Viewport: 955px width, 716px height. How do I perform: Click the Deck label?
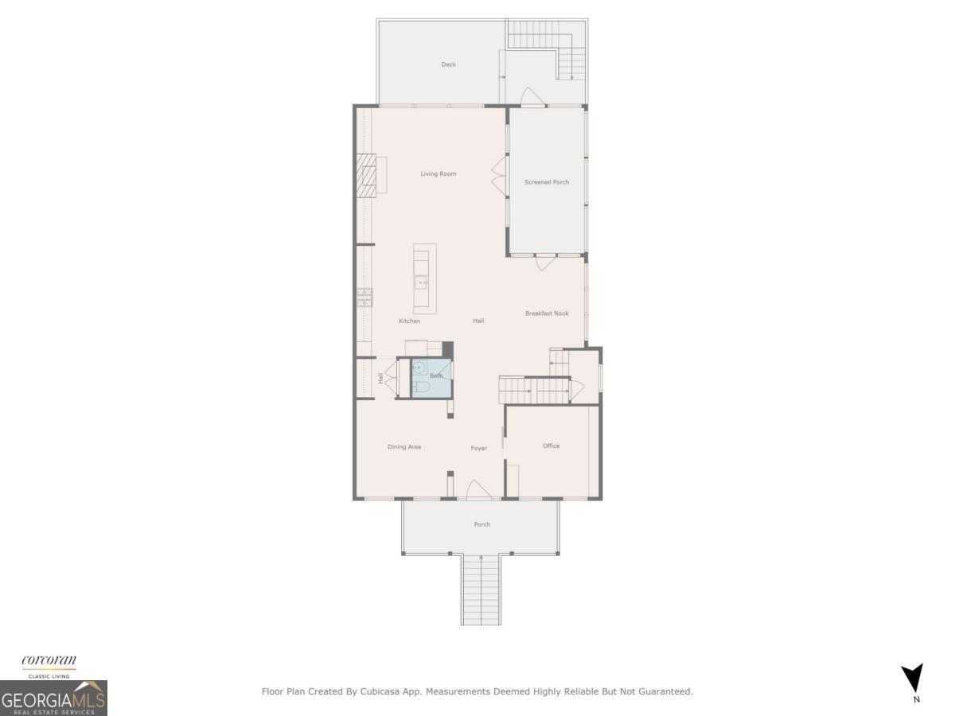tap(449, 64)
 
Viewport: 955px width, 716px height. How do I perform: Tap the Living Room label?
tap(439, 173)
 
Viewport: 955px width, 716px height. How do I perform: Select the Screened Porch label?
tap(547, 182)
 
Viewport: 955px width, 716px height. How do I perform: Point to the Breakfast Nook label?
tap(547, 313)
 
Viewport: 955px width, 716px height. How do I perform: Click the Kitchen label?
tap(409, 321)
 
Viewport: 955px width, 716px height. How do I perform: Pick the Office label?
tap(552, 446)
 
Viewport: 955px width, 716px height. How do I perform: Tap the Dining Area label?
tap(404, 447)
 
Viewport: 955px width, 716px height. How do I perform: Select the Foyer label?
tap(478, 449)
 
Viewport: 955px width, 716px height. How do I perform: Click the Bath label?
tap(436, 376)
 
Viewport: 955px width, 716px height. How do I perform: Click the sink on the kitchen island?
tap(420, 282)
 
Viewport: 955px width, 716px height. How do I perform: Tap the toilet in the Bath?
tap(422, 387)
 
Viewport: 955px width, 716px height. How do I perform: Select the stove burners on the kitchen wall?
tap(364, 297)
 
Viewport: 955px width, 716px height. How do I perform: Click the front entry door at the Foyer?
tap(479, 490)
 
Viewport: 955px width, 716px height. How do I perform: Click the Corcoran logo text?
tap(49, 660)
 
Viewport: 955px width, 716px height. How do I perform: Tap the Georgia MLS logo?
tap(53, 698)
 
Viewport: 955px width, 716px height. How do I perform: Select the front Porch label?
tap(481, 524)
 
